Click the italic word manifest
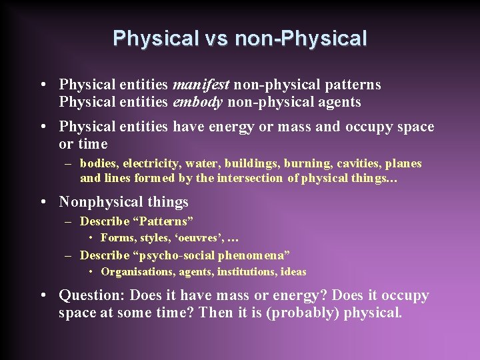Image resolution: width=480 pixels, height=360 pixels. tap(201, 85)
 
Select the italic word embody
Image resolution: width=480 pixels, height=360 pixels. tap(199, 102)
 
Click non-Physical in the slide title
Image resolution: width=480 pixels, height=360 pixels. tap(301, 38)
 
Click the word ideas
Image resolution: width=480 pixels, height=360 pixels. tap(293, 271)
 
